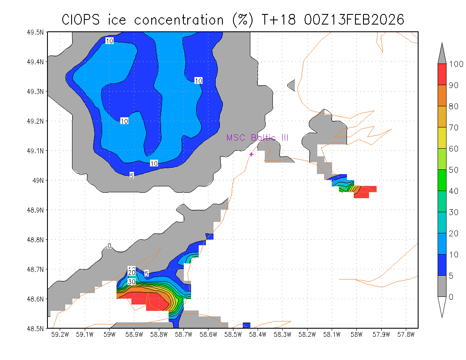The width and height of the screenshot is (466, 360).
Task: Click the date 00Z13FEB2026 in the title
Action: tap(354, 19)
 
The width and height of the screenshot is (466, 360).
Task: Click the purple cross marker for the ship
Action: tap(251, 154)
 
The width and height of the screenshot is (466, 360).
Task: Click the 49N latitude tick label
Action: tap(39, 180)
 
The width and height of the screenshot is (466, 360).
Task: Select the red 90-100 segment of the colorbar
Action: tap(442, 75)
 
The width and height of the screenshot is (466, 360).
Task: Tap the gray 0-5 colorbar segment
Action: tap(442, 286)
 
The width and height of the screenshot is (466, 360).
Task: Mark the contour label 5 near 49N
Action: tap(132, 176)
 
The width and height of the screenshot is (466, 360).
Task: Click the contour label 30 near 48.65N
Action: tap(131, 282)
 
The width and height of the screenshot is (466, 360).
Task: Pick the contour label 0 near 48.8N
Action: tap(109, 246)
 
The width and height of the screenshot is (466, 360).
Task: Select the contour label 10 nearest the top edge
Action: tap(110, 41)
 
